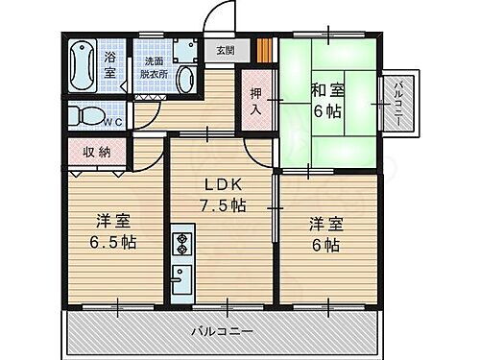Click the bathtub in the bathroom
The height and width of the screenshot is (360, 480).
(x=84, y=62)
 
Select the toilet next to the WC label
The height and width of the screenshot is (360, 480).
(x=88, y=116)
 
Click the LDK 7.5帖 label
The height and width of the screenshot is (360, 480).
(x=223, y=196)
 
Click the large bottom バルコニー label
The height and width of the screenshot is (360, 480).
(x=226, y=330)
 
